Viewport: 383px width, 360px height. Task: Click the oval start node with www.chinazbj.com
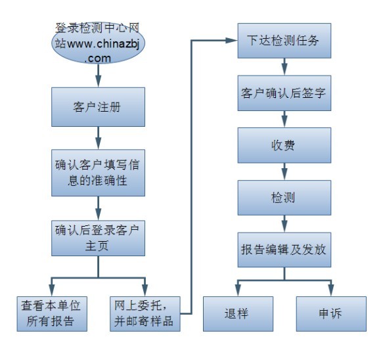point(98,43)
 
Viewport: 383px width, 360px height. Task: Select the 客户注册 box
point(98,107)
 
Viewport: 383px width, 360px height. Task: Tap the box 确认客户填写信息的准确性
point(98,173)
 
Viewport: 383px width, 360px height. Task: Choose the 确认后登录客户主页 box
point(98,238)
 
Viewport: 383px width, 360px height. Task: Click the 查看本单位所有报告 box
point(52,314)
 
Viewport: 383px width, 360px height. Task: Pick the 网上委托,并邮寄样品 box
point(145,314)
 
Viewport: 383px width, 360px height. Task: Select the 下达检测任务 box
point(284,41)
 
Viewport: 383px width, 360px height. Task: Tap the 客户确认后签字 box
point(284,93)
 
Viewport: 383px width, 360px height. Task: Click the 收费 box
point(284,145)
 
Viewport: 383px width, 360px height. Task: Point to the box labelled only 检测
point(284,198)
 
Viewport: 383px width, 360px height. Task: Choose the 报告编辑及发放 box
point(284,250)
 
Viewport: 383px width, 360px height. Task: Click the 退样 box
point(238,314)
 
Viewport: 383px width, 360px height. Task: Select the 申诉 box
point(331,314)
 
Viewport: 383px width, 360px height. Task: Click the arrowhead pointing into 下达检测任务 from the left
point(231,41)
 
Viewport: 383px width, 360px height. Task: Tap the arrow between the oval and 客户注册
point(98,76)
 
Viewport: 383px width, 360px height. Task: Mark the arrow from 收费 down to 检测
point(284,171)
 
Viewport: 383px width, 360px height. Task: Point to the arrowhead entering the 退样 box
point(238,290)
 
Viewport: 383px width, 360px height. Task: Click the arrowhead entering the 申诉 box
point(331,290)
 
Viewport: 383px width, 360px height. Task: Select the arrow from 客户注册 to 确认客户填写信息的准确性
point(98,138)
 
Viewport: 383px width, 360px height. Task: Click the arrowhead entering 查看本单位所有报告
point(52,290)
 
